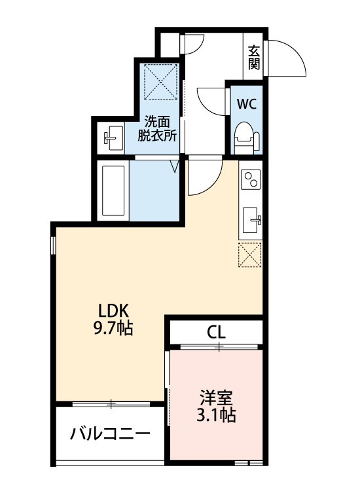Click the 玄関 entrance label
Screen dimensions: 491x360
click(254, 58)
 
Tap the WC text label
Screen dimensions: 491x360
click(246, 103)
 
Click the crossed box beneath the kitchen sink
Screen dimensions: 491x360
click(250, 255)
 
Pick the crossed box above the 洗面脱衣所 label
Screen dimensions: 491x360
click(160, 80)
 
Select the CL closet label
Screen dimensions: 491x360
click(217, 331)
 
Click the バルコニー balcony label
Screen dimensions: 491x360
click(110, 433)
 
